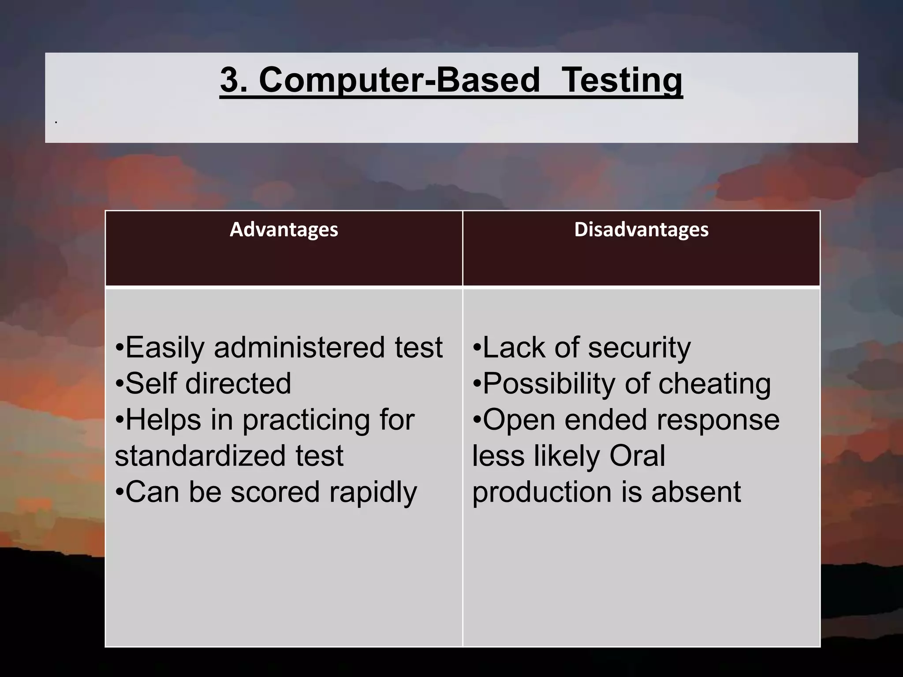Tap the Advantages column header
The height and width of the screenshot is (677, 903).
[x=284, y=230]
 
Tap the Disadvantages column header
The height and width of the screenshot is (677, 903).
[x=641, y=230]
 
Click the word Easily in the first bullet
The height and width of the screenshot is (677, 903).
[x=164, y=348]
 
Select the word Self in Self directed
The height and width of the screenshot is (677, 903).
[x=150, y=383]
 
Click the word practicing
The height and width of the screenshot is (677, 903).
[x=306, y=420]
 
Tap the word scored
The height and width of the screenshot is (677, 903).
[x=275, y=492]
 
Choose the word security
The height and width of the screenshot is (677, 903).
[x=639, y=348]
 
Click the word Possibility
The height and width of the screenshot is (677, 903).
[x=549, y=383]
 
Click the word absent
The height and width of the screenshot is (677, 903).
[x=696, y=492]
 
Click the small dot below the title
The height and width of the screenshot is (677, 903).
[x=56, y=121]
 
